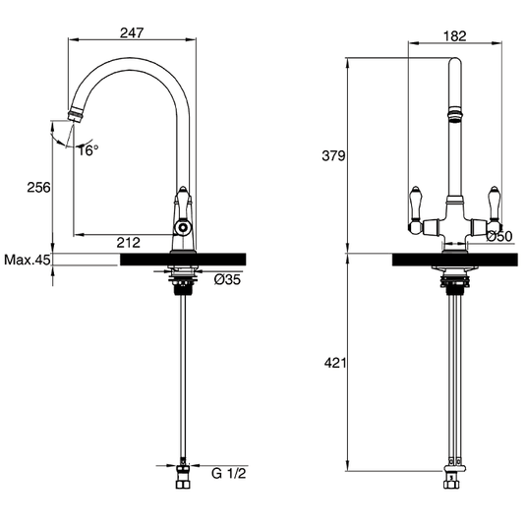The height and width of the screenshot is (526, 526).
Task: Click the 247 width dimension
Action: point(132,32)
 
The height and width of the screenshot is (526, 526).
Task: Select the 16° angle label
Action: point(88,150)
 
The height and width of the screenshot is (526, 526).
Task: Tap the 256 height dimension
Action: point(37,187)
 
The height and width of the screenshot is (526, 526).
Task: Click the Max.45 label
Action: point(27,261)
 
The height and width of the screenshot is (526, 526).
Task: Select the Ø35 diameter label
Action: point(227,280)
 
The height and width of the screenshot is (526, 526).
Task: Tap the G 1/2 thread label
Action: point(228,472)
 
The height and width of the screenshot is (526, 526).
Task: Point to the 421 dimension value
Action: point(333,363)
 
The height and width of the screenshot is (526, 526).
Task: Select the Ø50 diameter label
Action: point(500,237)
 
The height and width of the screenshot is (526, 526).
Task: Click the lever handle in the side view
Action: point(182,206)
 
